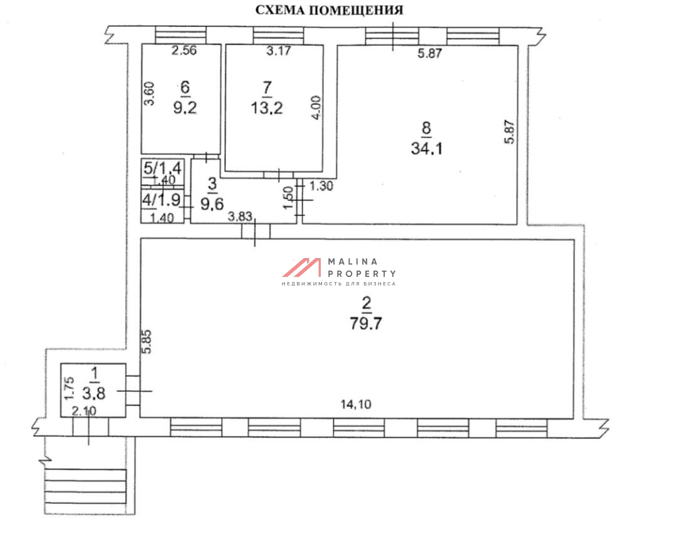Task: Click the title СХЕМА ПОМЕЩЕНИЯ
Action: (329, 10)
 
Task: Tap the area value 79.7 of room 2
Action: (366, 324)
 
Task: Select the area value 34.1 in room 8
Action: (426, 148)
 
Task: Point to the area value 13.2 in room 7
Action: (267, 107)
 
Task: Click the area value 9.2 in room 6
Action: (185, 107)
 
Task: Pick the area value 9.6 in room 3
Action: (212, 203)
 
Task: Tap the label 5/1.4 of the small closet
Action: (162, 167)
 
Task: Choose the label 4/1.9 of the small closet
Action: (161, 200)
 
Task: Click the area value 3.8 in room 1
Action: (94, 393)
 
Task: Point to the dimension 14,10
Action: (355, 404)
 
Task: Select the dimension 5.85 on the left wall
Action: (147, 342)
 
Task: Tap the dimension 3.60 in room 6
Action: (149, 94)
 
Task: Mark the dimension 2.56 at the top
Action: (184, 50)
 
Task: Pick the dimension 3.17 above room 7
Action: (279, 51)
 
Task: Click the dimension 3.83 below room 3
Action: (240, 216)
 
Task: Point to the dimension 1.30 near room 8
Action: (321, 186)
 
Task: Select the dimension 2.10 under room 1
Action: (84, 411)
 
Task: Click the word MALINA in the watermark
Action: (353, 261)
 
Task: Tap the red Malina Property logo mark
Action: (302, 268)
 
